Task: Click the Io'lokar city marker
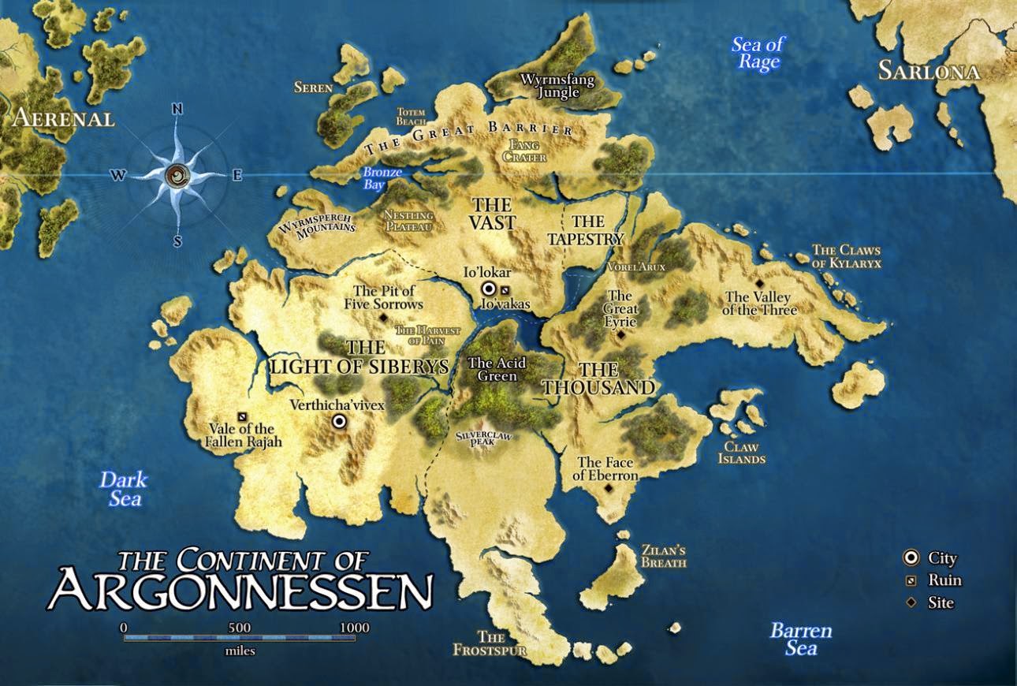click(489, 289)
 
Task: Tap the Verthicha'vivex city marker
click(339, 422)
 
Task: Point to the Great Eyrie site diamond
click(620, 335)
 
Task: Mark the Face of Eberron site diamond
click(609, 489)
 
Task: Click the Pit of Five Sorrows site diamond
click(383, 317)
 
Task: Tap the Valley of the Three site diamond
click(759, 283)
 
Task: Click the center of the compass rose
click(178, 175)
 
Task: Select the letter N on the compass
click(177, 110)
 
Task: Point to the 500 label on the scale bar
click(240, 627)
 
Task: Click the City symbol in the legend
click(911, 558)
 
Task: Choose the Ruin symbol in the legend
click(911, 581)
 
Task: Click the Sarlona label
click(929, 72)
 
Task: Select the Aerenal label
click(63, 119)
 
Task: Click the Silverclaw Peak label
click(482, 438)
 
